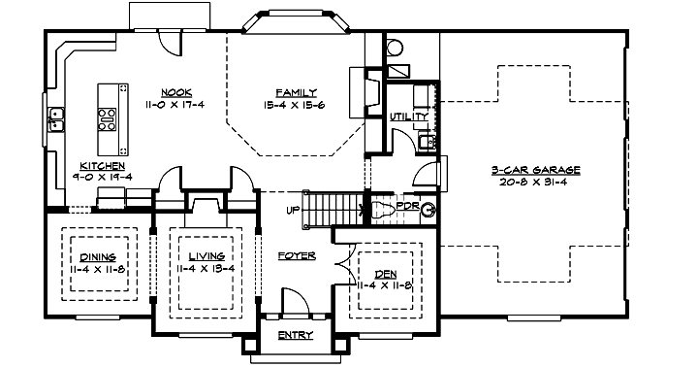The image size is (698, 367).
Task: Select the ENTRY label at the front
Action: click(295, 336)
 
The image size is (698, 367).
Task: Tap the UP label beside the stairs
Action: click(292, 210)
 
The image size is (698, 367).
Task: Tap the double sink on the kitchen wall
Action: click(57, 121)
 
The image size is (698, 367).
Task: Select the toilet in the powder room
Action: click(424, 209)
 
